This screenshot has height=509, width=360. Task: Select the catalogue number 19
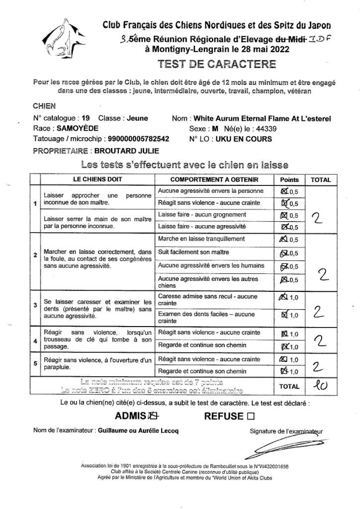tap(86, 119)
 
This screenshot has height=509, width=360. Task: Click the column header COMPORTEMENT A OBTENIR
tap(214, 179)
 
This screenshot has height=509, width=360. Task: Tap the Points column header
tap(290, 179)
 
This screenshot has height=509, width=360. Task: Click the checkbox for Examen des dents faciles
tap(284, 314)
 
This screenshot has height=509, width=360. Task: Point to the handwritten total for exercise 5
tap(318, 366)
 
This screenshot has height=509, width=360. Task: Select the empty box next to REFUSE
tap(250, 416)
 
